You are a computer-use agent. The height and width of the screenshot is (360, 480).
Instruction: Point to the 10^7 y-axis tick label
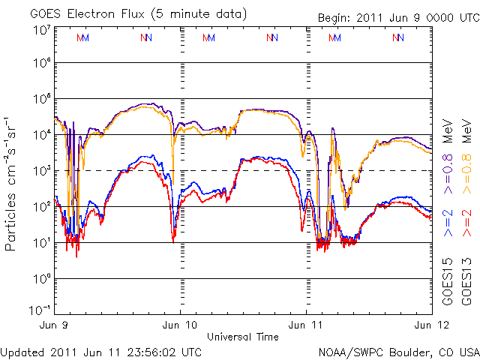pos(40,30)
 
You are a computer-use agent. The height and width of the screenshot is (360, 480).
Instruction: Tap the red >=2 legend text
pos(466,224)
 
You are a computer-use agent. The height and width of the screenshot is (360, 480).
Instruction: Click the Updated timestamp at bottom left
pos(100,351)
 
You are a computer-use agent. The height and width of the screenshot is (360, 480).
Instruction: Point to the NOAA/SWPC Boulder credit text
pos(398,351)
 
